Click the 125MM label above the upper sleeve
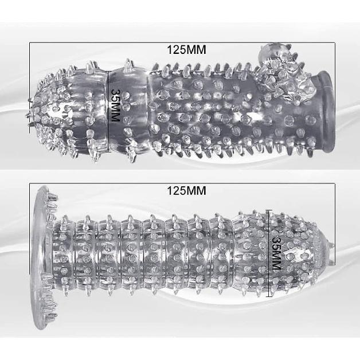[186, 50]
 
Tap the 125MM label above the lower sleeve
[186, 190]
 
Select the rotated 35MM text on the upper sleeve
[115, 105]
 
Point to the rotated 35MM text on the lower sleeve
[276, 253]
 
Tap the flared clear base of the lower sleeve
[42, 258]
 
